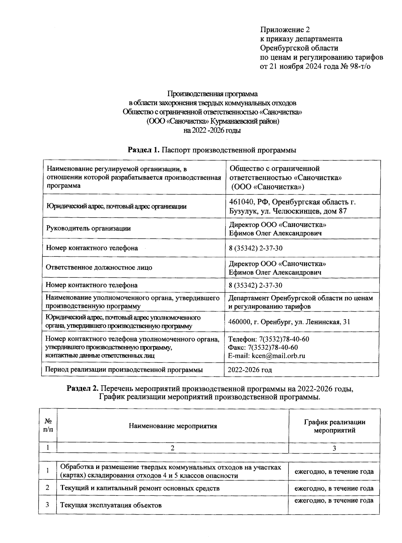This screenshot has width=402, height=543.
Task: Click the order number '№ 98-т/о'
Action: tap(355, 66)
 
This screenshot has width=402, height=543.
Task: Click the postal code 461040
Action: tap(241, 202)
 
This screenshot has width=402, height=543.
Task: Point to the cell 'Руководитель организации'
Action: tap(88, 229)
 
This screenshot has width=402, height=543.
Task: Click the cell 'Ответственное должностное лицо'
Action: tap(99, 267)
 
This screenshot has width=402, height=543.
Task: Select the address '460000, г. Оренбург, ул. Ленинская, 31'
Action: tap(289, 322)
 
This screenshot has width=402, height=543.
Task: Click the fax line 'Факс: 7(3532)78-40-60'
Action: tap(263, 347)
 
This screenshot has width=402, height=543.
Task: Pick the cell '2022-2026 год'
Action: tap(250, 370)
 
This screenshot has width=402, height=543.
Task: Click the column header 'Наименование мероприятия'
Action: tap(173, 426)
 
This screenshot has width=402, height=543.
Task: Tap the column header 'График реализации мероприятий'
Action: tap(334, 426)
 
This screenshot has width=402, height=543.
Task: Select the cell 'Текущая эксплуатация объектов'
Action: tap(111, 505)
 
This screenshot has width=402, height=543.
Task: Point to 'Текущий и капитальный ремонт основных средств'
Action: tap(140, 488)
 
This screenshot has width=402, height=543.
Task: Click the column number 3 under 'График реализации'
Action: tap(334, 448)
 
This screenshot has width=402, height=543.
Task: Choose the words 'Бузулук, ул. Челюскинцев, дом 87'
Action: tap(288, 211)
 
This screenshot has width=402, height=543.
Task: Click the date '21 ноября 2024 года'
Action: tap(304, 66)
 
